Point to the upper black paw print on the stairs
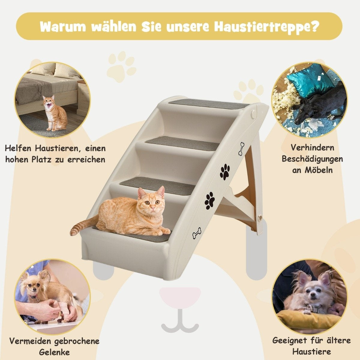pyautogui.click(x=225, y=172)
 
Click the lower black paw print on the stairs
pyautogui.click(x=210, y=201)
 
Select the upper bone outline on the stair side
pyautogui.click(x=241, y=148)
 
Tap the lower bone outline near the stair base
pyautogui.click(x=197, y=233)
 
